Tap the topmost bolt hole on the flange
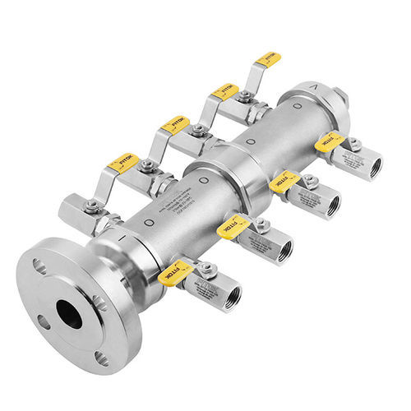click(x=39, y=266)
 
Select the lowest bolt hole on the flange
click(x=102, y=358)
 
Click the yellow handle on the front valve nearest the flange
click(x=175, y=272)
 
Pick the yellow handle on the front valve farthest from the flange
click(x=329, y=142)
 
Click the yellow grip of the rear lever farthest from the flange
click(x=267, y=59)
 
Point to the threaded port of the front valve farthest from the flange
click(x=377, y=164)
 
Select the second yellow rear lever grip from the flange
click(x=175, y=125)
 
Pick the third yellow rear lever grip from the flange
click(x=224, y=90)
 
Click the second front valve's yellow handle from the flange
click(x=233, y=229)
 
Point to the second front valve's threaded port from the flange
click(x=284, y=251)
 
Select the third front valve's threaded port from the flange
click(x=333, y=205)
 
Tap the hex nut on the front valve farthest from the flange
click(x=354, y=145)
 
